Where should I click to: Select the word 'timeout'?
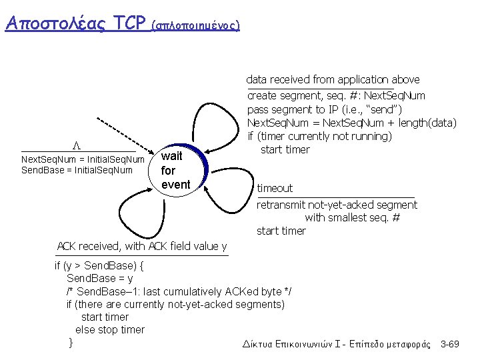click(x=275, y=189)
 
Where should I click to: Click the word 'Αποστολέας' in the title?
click(x=55, y=23)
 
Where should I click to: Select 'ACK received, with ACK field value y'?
click(x=142, y=246)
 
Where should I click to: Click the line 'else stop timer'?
click(x=109, y=329)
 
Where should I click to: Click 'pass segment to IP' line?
click(x=333, y=109)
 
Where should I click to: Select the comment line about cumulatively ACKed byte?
click(x=179, y=292)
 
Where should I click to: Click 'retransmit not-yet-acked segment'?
click(x=337, y=205)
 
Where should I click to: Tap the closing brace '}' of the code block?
click(x=71, y=343)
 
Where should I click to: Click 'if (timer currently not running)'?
click(x=319, y=136)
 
